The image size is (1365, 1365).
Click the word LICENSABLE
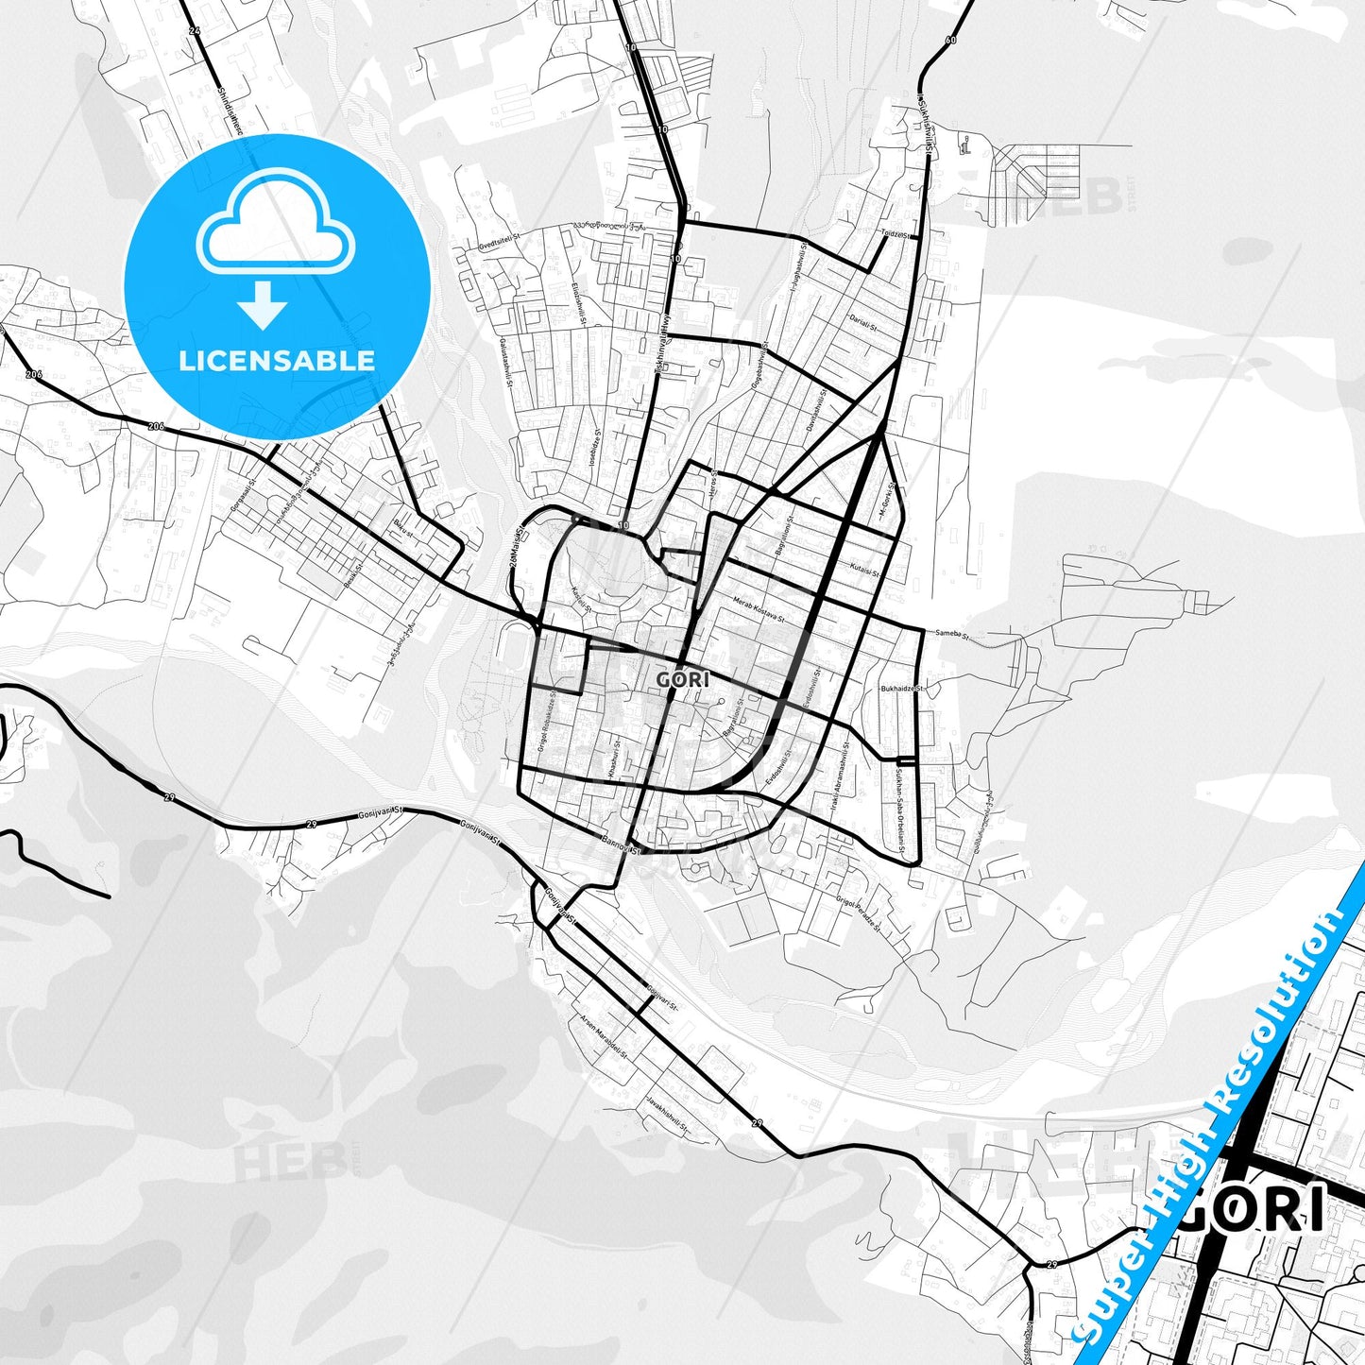pos(277,360)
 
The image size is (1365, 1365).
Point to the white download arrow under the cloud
pos(263,304)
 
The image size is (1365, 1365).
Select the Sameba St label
pos(951,635)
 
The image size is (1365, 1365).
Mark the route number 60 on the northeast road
pos(949,40)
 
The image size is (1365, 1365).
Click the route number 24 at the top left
pos(195,31)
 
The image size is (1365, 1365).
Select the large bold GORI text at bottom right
pos(1253,1208)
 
